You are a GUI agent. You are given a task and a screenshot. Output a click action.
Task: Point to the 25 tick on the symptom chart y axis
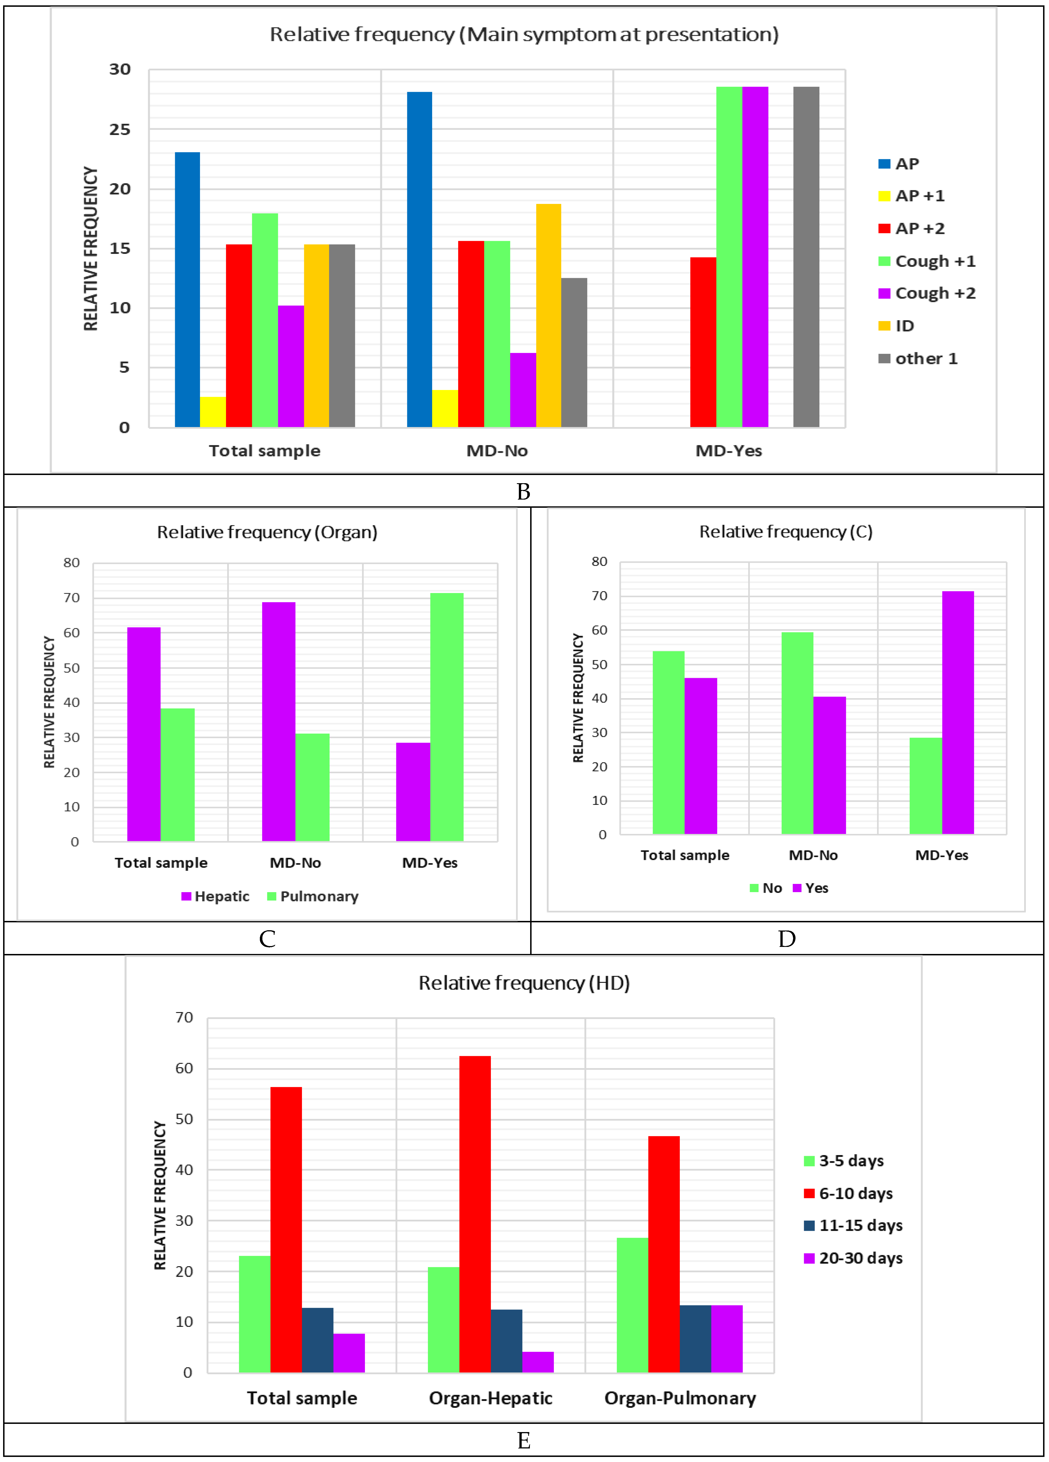[120, 130]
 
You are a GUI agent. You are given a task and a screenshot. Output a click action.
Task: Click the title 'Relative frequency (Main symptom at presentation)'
[524, 34]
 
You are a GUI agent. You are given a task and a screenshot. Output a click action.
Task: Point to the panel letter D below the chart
[787, 939]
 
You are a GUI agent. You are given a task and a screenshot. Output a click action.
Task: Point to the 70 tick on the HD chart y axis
[184, 1018]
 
